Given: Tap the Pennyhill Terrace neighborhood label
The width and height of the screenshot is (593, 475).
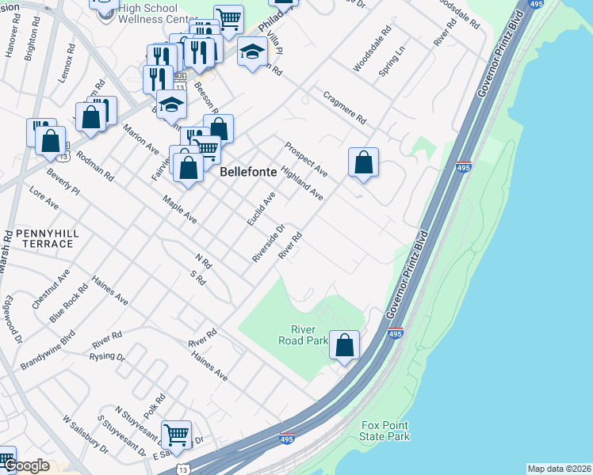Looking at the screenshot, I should point(37,239).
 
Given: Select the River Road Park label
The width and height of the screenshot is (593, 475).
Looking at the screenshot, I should point(303,335).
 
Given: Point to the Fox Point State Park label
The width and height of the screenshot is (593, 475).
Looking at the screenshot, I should point(384,431).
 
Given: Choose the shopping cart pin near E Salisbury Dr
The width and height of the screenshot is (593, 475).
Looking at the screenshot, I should point(176,434).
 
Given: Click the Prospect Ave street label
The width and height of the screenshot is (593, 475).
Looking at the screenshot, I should point(306,159).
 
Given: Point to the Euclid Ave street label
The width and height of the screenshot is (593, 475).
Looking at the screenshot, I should point(260,208).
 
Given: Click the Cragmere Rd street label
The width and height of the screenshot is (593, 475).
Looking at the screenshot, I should point(345,108).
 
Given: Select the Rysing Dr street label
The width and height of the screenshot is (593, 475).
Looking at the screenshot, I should point(109,357).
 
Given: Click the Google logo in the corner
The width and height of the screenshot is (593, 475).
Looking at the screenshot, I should point(26,465).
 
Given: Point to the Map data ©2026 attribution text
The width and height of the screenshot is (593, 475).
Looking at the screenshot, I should point(559,469).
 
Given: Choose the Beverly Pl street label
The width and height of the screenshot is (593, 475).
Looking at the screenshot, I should point(63,180).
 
